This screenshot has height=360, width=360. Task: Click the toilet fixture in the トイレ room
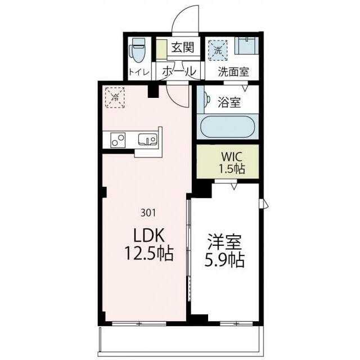click(x=138, y=51)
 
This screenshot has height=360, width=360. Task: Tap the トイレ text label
click(x=138, y=72)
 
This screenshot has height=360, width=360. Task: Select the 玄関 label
click(x=182, y=47)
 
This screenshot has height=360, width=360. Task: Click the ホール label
click(x=179, y=72)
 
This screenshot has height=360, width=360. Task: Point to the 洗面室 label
click(x=233, y=72)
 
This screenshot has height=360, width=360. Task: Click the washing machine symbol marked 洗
click(x=218, y=50)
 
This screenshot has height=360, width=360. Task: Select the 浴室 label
click(x=229, y=103)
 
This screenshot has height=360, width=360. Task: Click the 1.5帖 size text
click(x=231, y=169)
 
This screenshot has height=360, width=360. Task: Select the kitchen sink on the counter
click(x=147, y=139)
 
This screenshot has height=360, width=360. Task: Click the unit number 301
click(x=148, y=213)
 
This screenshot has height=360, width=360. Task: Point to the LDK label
click(x=148, y=234)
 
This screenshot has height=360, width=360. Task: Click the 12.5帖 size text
click(x=148, y=254)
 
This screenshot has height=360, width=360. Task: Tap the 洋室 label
click(x=224, y=244)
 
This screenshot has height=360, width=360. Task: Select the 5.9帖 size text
click(x=224, y=262)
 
